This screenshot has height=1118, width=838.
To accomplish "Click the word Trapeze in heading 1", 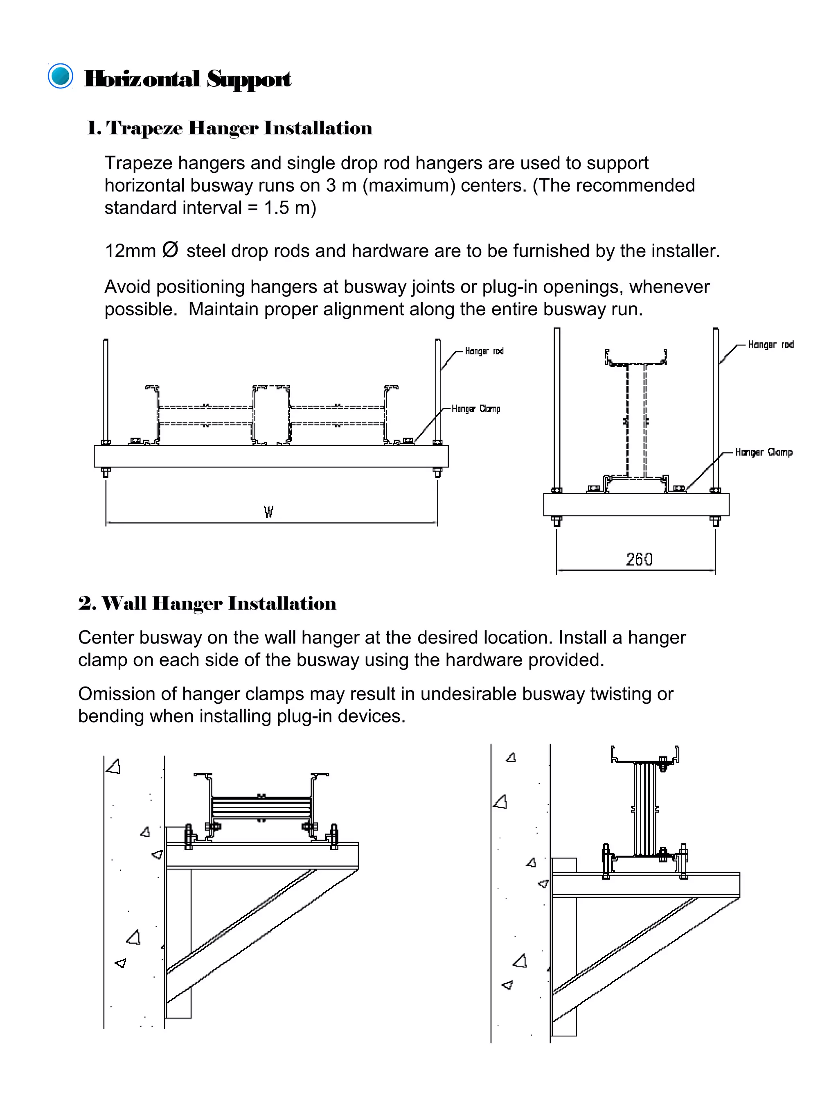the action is (x=144, y=129).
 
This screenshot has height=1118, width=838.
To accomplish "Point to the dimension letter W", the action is (x=269, y=513).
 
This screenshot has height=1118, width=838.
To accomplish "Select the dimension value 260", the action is (x=639, y=560).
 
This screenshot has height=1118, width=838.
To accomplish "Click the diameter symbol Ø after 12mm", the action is (x=171, y=250).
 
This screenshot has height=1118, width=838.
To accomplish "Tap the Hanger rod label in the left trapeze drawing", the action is (x=484, y=351).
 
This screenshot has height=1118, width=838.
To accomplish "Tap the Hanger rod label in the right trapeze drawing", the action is (x=771, y=345).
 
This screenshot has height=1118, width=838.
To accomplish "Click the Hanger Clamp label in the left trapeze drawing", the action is (x=476, y=409).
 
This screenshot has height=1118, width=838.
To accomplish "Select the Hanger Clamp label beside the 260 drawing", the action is (x=764, y=452).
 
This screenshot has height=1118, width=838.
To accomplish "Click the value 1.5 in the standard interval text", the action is (x=276, y=208).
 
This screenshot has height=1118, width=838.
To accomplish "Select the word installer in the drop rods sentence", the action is (x=687, y=251).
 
